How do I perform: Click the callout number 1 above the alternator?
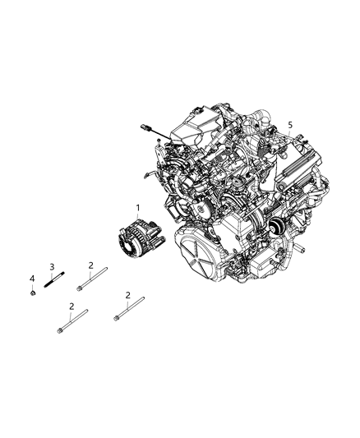coord(138,208)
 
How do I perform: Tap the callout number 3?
coord(52,266)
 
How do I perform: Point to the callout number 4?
coord(32,278)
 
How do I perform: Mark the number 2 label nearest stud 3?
coord(90,265)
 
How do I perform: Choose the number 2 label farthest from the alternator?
coord(72,307)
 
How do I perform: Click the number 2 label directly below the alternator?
coord(128,294)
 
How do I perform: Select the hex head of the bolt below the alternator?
coord(118,316)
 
